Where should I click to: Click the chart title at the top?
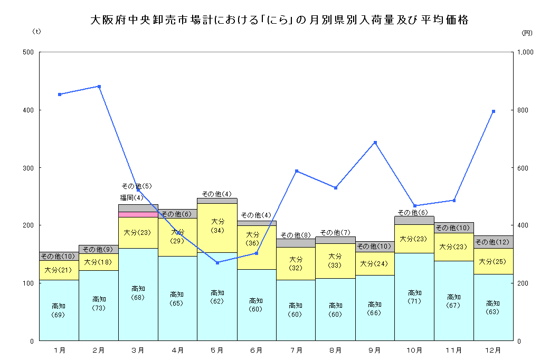click(x=279, y=21)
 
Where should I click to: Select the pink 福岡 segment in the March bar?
click(x=138, y=214)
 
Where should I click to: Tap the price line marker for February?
click(x=99, y=87)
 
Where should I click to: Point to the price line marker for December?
click(x=493, y=111)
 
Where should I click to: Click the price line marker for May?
click(x=217, y=262)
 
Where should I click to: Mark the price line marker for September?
click(x=375, y=143)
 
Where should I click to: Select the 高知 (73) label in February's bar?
click(x=98, y=303)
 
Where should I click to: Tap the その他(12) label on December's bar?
click(x=493, y=242)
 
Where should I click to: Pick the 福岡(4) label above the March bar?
click(x=131, y=198)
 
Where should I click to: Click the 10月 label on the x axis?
click(x=414, y=350)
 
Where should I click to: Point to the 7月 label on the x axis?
click(x=296, y=350)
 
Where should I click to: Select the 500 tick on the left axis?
click(x=28, y=52)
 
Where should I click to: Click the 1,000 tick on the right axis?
click(x=526, y=52)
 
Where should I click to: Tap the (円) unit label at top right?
click(x=527, y=33)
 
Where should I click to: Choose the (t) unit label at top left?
click(x=36, y=32)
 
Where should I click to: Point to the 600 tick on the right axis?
click(x=524, y=168)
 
